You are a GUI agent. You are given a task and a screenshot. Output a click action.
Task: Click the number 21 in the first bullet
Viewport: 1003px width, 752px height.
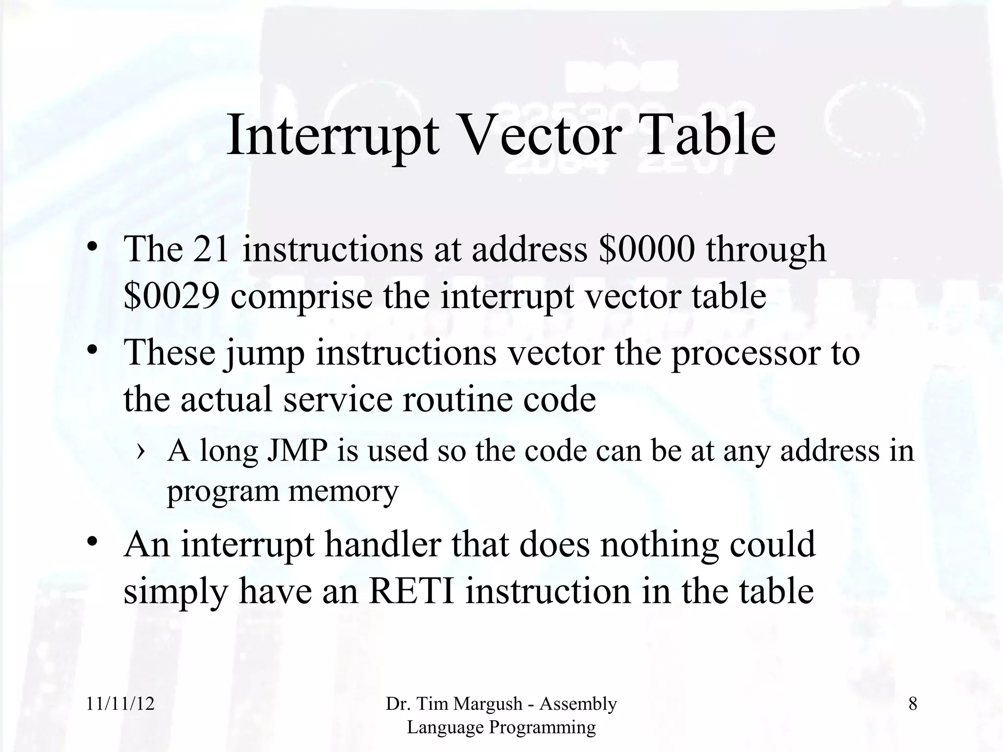tap(211, 249)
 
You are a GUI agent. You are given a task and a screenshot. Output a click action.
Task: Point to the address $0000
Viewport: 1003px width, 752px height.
tap(646, 249)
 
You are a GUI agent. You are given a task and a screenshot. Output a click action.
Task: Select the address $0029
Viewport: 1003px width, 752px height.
tap(171, 296)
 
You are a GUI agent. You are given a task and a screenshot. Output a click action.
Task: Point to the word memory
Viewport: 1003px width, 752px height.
tap(343, 491)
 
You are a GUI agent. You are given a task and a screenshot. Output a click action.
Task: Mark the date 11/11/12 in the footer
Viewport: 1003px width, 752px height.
tap(120, 704)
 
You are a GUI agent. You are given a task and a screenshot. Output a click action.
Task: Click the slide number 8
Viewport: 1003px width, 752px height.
tap(912, 704)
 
